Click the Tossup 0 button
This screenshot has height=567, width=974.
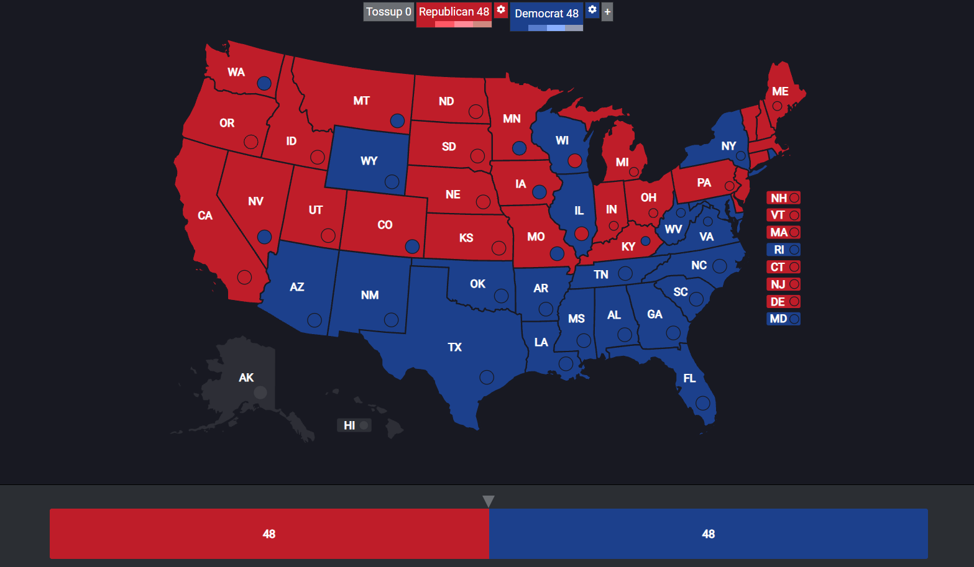tap(388, 12)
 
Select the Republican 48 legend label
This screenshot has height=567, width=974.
tap(454, 12)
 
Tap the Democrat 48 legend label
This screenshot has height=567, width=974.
tap(546, 13)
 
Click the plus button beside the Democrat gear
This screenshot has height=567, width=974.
tap(607, 12)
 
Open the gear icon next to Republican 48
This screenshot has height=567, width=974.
tap(501, 10)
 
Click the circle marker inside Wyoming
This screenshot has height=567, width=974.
tap(392, 181)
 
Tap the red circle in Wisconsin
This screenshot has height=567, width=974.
tap(575, 161)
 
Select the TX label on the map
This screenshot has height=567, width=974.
tap(454, 347)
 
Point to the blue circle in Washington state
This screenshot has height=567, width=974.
tap(264, 83)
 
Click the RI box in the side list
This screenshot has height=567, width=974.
tap(783, 250)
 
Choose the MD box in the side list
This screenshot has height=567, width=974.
tap(783, 319)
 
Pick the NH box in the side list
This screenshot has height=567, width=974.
tap(783, 198)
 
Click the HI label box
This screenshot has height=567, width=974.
tap(354, 425)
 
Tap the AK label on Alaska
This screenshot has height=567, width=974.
tap(246, 378)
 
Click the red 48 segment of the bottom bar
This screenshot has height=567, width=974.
tap(269, 533)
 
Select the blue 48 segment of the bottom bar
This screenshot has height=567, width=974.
tap(708, 533)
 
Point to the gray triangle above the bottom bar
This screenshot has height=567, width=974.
tap(489, 501)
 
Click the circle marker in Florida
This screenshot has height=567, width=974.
tap(703, 402)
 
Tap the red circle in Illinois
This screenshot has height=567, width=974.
tap(581, 234)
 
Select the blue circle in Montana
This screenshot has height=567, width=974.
tap(397, 120)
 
